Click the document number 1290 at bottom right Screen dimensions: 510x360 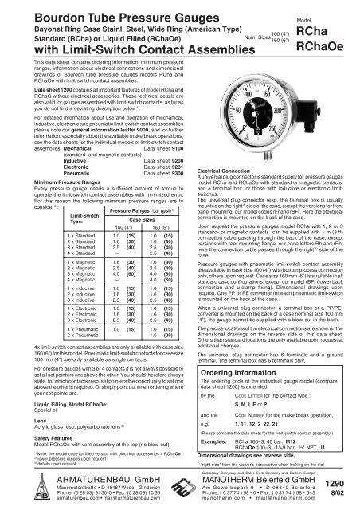[335, 484]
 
